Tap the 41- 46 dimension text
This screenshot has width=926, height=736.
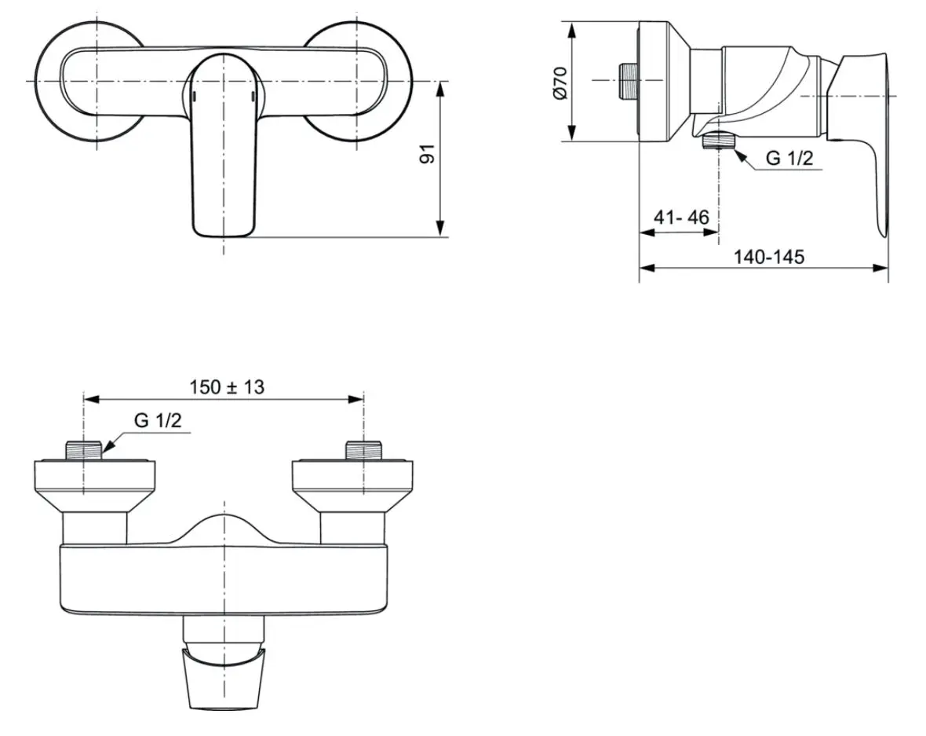tap(681, 218)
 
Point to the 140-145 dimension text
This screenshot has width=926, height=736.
tap(769, 257)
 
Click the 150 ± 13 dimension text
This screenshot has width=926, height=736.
tap(227, 387)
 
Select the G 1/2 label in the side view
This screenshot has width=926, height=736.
tap(789, 158)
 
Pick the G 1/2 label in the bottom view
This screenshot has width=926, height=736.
tap(158, 420)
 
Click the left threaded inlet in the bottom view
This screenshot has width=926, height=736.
tap(83, 450)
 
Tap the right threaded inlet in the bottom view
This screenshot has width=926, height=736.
tap(364, 450)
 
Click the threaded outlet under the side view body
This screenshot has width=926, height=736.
tap(718, 140)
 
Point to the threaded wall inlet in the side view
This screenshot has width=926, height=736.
tap(626, 80)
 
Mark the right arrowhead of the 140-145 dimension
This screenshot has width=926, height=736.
tap(880, 269)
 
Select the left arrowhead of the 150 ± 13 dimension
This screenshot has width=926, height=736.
tap(91, 400)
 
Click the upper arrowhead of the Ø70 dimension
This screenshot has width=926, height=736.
tap(571, 30)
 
